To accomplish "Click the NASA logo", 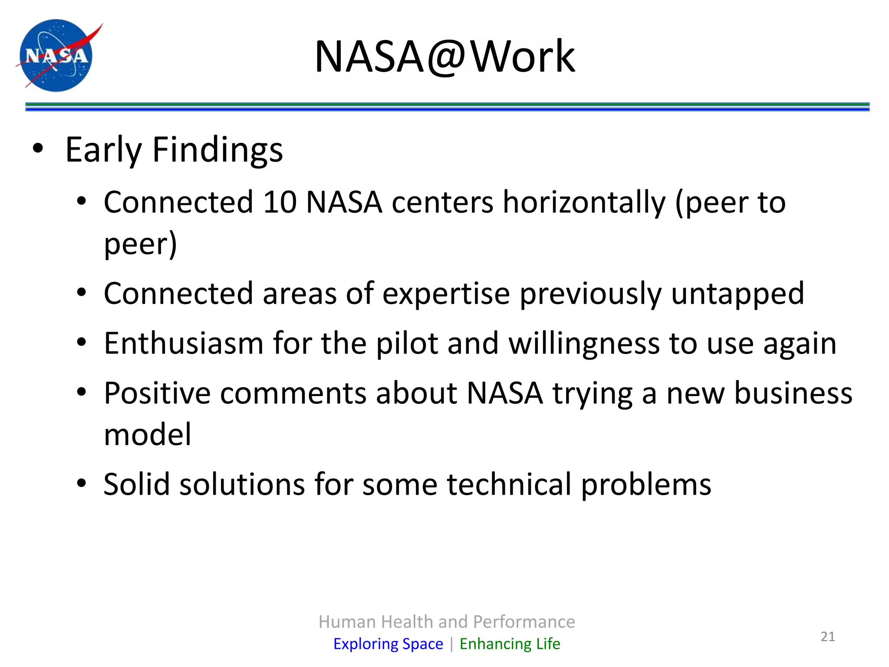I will pyautogui.click(x=56, y=56).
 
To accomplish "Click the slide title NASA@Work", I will pyautogui.click(x=444, y=56).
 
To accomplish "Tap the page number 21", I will pyautogui.click(x=828, y=637).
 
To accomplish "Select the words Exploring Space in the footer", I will pyautogui.click(x=388, y=644).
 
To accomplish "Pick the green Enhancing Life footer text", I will pyautogui.click(x=510, y=644).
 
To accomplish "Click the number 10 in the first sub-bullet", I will pyautogui.click(x=280, y=202).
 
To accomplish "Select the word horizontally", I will pyautogui.click(x=584, y=203).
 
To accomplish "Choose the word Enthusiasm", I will pyautogui.click(x=184, y=343).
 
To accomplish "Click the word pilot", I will pyautogui.click(x=407, y=343).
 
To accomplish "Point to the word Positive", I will pyautogui.click(x=157, y=393).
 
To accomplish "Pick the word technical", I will pyautogui.click(x=509, y=484).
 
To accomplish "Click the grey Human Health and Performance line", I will pyautogui.click(x=447, y=622).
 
